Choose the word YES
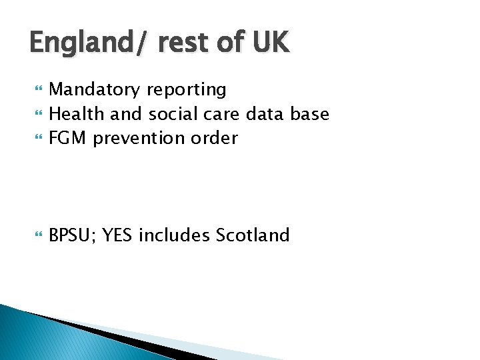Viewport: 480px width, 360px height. point(118,235)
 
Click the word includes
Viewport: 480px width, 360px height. point(175,235)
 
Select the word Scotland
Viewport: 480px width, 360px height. point(253,235)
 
